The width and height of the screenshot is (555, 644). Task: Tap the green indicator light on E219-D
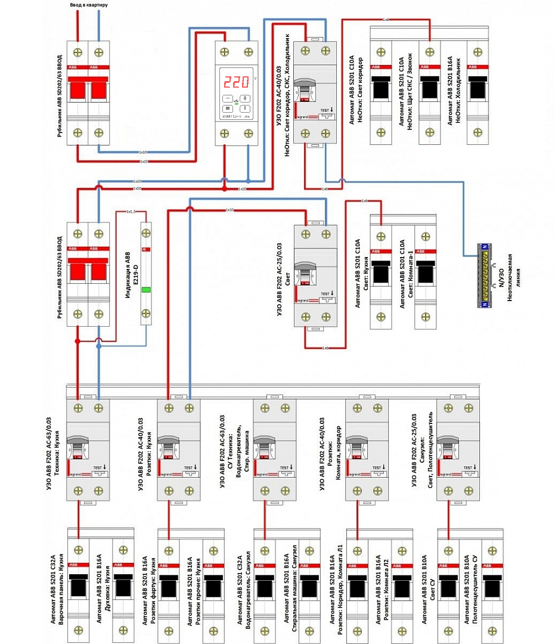145,290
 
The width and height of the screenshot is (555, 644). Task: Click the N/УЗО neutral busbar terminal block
487,275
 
